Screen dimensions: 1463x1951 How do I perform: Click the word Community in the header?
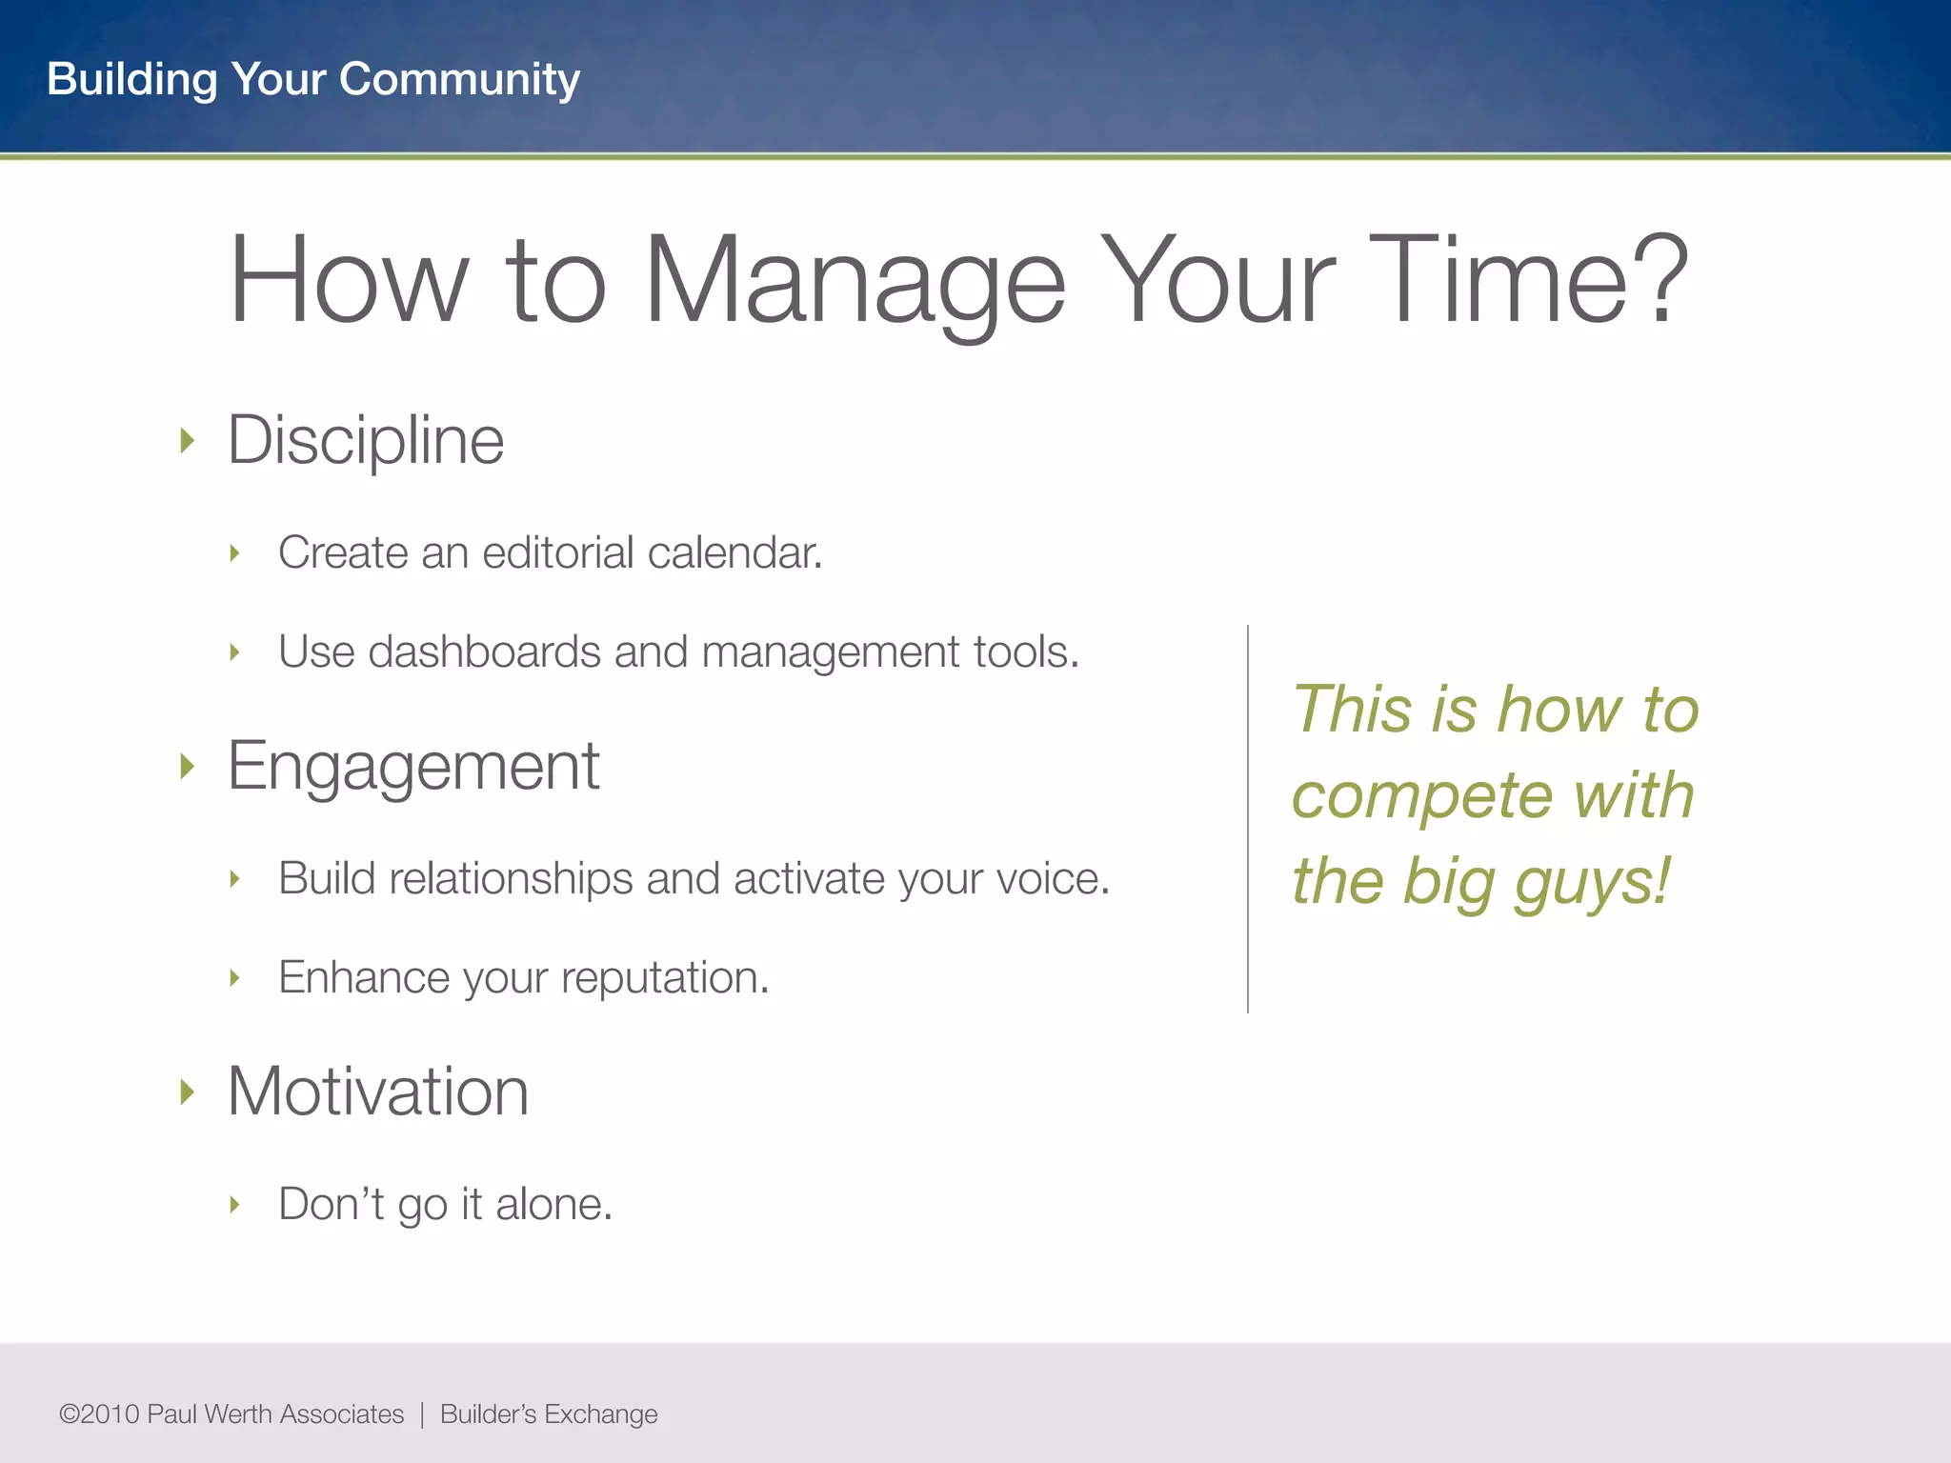(459, 79)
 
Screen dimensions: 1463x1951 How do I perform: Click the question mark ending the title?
(1661, 278)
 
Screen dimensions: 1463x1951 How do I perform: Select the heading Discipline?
(366, 441)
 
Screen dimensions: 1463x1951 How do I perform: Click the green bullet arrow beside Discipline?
(188, 441)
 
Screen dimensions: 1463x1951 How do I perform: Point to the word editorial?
(558, 552)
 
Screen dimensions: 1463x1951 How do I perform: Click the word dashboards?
(485, 652)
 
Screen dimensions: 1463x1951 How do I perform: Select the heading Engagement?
(413, 766)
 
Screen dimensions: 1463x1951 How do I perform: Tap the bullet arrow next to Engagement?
(188, 766)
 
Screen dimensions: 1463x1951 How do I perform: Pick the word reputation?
(664, 978)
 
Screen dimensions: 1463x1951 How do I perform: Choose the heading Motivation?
(378, 1092)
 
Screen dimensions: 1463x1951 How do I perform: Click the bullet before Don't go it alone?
(235, 1205)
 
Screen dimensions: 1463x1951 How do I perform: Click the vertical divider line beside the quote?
(1248, 819)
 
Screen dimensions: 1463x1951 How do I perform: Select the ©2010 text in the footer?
(99, 1414)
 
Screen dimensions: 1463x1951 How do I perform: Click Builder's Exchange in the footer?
(549, 1414)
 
